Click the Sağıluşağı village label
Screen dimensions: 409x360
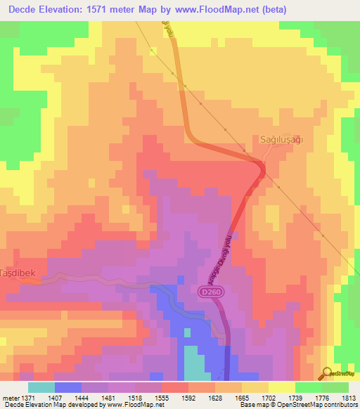click(281, 140)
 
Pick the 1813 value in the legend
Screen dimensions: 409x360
click(347, 398)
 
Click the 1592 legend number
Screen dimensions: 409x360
click(188, 398)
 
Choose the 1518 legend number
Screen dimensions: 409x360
click(136, 398)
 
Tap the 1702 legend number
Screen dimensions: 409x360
click(268, 398)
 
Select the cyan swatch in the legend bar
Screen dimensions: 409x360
click(41, 387)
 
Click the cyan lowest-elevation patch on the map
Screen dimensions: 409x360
click(193, 363)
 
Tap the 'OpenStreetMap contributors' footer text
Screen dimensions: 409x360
click(321, 405)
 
